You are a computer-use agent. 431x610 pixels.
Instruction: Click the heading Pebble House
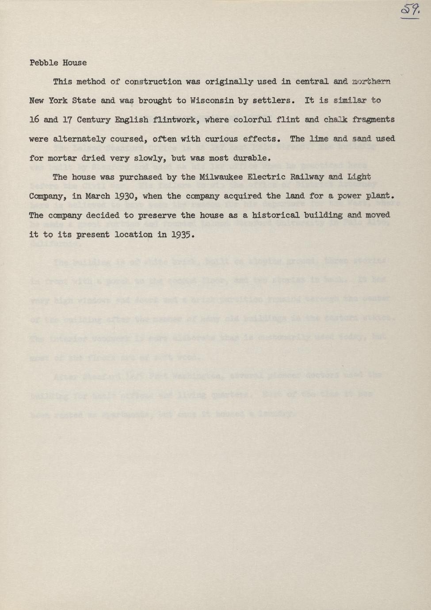(58, 63)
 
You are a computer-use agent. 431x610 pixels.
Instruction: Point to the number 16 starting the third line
(34, 119)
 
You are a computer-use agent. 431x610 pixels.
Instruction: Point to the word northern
(371, 82)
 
